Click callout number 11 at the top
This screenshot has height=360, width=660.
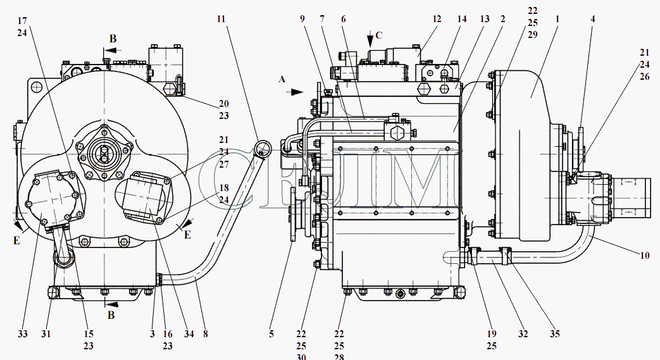221,19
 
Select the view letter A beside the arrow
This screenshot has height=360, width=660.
282,78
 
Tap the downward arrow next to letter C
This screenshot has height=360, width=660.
370,39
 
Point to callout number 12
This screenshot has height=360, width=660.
437,19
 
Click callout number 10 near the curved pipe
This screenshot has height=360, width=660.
644,255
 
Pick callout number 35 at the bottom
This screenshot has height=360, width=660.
555,334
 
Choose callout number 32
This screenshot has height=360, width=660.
523,334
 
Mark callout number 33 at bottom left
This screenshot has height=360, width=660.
23,334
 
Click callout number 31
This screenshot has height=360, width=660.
46,334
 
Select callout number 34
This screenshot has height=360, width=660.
189,334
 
